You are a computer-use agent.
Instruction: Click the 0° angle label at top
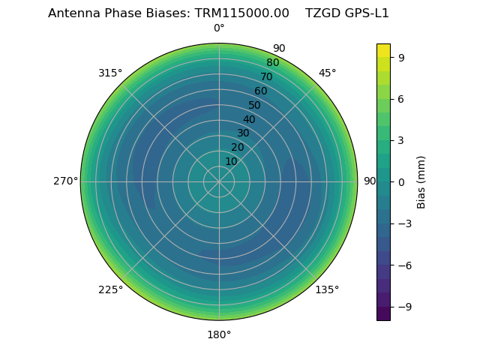pos(219,28)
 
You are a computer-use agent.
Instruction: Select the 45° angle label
pos(327,73)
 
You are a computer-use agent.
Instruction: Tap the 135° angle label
pos(327,289)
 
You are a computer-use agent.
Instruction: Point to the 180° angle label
pos(219,334)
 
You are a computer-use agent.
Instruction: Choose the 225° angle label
pos(110,289)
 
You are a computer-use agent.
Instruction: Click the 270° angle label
pos(65,181)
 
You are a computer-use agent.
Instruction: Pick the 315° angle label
pos(110,73)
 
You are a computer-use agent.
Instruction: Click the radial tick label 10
pos(231,161)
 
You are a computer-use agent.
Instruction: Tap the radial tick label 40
pos(249,119)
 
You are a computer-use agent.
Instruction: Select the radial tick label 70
pos(266,76)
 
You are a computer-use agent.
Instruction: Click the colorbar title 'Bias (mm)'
pos(421,181)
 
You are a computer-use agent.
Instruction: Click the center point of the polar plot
pos(219,181)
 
